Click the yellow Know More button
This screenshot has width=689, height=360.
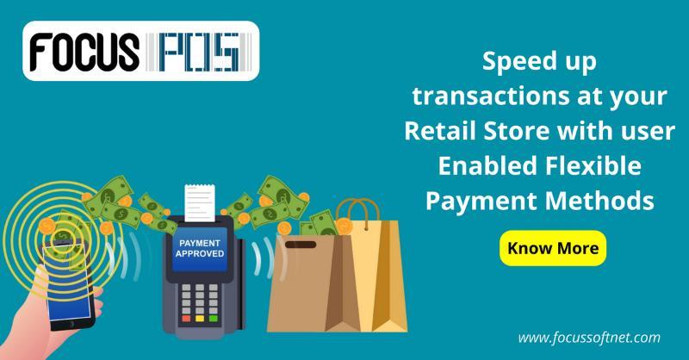click(x=553, y=248)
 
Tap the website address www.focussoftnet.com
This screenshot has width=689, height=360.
click(x=589, y=338)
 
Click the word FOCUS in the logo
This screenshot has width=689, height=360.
click(x=84, y=52)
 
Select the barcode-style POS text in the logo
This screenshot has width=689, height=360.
click(x=199, y=52)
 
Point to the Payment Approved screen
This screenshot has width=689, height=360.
click(x=200, y=249)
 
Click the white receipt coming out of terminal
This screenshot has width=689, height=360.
click(x=200, y=203)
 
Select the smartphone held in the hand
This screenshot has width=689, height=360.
click(x=68, y=286)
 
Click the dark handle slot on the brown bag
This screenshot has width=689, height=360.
click(x=301, y=245)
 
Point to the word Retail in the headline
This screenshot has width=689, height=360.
click(x=440, y=131)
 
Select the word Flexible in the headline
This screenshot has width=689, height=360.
click(x=593, y=165)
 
